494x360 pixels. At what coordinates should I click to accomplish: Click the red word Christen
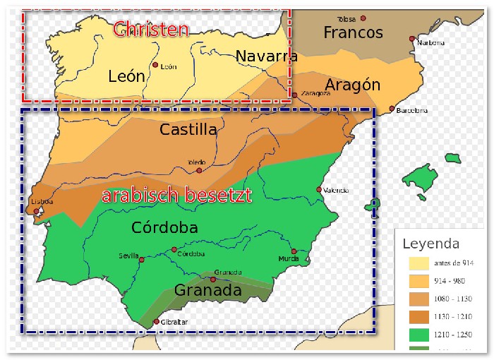151,29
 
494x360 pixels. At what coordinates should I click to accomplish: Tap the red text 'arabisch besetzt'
176,196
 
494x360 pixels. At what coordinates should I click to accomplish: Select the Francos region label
353,32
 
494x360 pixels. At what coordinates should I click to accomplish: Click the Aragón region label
352,85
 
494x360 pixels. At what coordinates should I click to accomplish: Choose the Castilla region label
188,129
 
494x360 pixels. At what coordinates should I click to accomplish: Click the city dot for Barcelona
392,109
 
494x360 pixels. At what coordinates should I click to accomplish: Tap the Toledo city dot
199,170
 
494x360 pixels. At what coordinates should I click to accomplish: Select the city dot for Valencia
319,189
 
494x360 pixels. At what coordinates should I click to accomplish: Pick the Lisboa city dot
37,210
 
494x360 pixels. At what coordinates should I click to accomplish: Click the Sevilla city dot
142,260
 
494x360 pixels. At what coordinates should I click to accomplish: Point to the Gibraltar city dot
156,323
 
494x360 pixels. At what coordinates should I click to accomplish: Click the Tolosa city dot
363,18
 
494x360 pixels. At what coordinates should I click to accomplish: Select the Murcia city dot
294,251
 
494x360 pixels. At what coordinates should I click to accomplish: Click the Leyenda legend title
430,244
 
